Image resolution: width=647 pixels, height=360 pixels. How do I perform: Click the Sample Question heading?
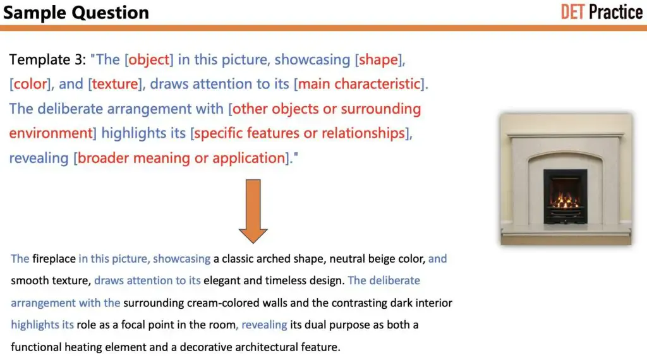[x=76, y=12]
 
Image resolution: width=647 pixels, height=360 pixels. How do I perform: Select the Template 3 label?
[x=48, y=60]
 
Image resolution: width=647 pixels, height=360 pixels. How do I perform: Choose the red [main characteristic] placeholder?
[x=359, y=84]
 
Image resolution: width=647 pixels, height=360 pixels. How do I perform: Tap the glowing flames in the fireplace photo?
[x=565, y=201]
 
